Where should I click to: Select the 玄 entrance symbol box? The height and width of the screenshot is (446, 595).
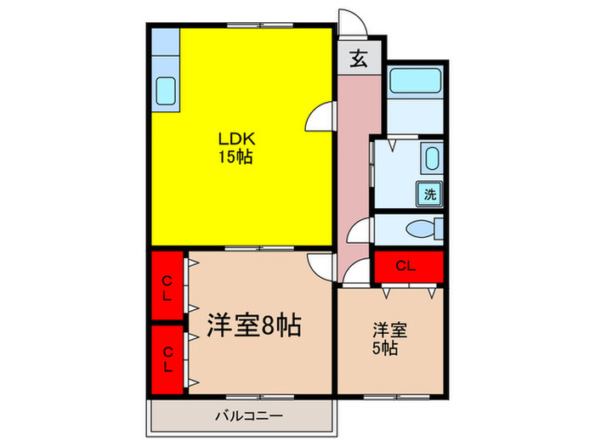359,59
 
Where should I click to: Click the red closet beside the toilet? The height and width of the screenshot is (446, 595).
407,266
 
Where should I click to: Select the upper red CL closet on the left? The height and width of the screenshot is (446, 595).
167,286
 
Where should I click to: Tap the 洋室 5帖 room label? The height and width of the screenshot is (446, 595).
388,338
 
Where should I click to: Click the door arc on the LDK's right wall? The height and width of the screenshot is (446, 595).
320,119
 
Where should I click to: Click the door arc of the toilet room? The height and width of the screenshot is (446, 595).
363,230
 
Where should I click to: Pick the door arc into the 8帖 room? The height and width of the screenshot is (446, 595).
321,265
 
